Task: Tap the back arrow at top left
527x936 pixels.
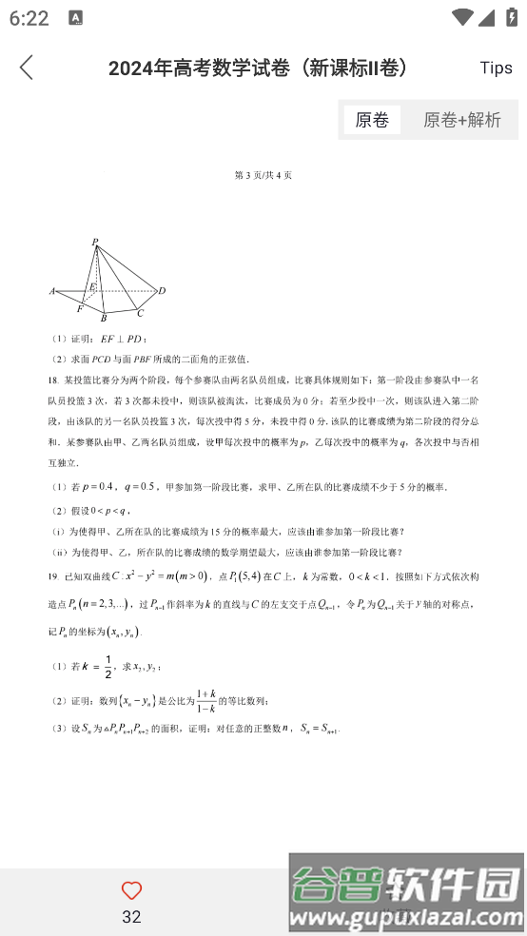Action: [x=27, y=68]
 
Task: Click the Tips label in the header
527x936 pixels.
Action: [x=496, y=68]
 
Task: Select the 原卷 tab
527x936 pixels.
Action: [x=372, y=120]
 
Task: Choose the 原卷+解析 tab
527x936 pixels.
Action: [x=462, y=120]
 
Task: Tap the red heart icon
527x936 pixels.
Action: [x=131, y=891]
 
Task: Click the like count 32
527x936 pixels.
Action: [x=131, y=917]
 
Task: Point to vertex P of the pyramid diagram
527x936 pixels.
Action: [x=95, y=244]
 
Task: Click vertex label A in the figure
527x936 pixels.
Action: [x=52, y=291]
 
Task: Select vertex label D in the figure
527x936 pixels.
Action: [x=162, y=291]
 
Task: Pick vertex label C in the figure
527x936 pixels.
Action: [x=140, y=313]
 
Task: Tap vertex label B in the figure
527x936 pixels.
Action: [x=103, y=319]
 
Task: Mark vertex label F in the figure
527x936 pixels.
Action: [x=79, y=309]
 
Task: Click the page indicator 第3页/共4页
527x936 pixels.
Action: [x=263, y=175]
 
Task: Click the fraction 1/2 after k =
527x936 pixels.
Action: [x=109, y=666]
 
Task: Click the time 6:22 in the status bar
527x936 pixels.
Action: [x=29, y=18]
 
